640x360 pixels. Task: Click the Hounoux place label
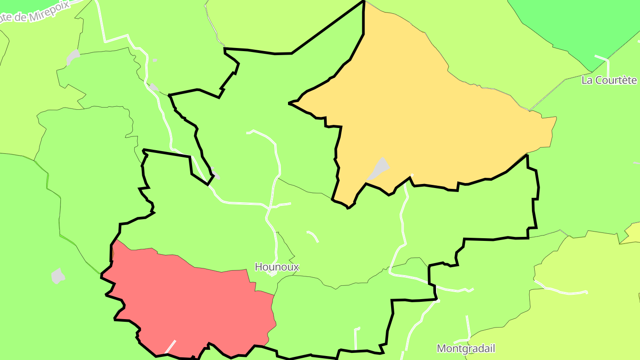coord(277,267)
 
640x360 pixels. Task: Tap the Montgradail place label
coord(466,348)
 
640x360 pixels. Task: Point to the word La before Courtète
coord(588,80)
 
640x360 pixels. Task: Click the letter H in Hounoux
coord(258,267)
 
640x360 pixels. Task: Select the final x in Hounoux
coord(296,267)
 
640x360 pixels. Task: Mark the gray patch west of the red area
coord(58,276)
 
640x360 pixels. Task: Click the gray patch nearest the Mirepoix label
coord(73,56)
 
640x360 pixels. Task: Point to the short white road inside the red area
coord(171,346)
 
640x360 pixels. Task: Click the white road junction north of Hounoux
coord(269,207)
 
